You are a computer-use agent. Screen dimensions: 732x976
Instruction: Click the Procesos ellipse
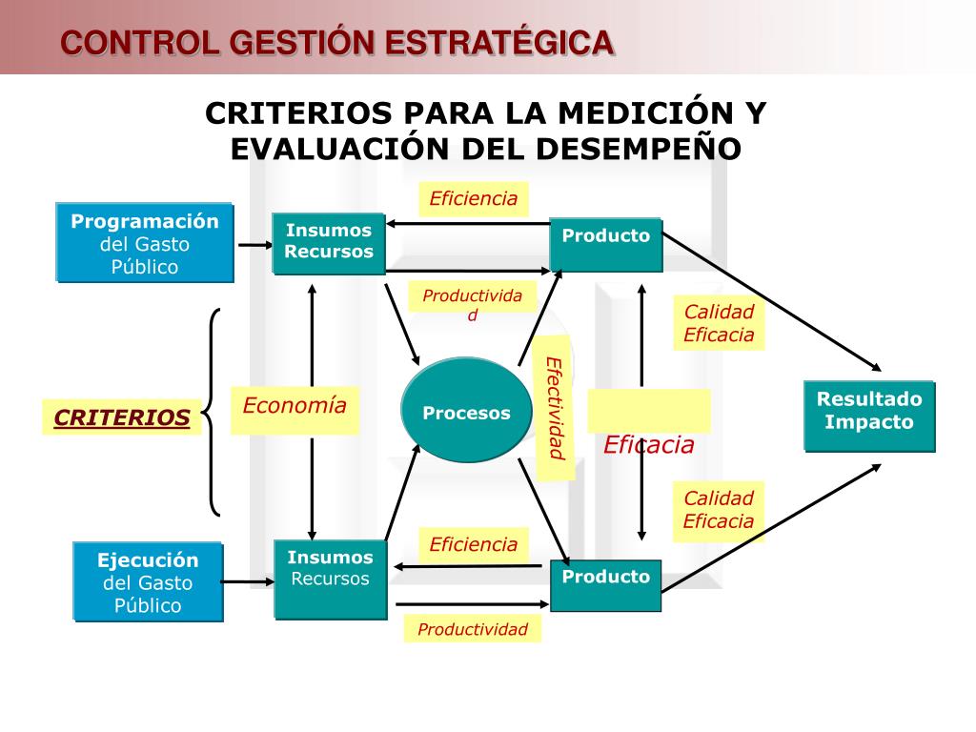(x=466, y=412)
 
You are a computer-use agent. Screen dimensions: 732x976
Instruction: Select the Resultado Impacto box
(x=869, y=416)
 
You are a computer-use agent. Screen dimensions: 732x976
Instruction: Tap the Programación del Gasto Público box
(x=145, y=243)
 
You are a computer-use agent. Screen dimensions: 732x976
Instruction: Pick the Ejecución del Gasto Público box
(x=148, y=581)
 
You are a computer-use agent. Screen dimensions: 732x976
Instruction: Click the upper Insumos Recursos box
(x=329, y=242)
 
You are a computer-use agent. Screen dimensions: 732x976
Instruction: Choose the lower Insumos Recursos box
(x=330, y=579)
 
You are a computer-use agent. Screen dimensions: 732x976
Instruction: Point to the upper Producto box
(x=605, y=244)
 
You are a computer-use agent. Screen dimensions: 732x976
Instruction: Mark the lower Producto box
(x=605, y=584)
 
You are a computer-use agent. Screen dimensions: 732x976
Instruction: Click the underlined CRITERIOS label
(x=122, y=417)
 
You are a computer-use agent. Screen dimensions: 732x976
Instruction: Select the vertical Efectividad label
(x=555, y=408)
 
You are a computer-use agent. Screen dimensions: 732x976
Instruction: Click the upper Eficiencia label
(x=473, y=198)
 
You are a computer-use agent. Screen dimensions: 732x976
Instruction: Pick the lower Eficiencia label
(x=473, y=544)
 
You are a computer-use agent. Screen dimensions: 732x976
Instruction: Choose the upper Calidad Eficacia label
(x=719, y=323)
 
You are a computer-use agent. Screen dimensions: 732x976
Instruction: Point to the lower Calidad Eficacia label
(x=719, y=509)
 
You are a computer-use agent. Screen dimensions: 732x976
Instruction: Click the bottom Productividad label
(x=473, y=629)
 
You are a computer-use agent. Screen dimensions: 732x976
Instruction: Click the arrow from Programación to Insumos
(x=254, y=245)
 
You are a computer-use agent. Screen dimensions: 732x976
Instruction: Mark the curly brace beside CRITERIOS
(x=213, y=412)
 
